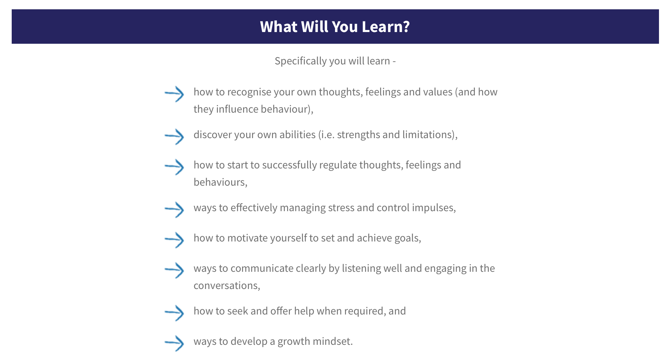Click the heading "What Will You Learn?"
click(x=335, y=27)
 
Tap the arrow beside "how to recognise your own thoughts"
click(x=174, y=94)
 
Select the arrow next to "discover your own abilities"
click(x=174, y=137)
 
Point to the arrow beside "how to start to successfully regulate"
click(x=174, y=167)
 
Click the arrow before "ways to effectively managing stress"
click(x=174, y=210)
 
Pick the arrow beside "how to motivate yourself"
click(x=174, y=240)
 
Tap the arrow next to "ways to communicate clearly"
click(x=174, y=270)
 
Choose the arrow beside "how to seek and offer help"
click(x=174, y=313)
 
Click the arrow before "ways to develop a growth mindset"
click(x=174, y=343)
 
